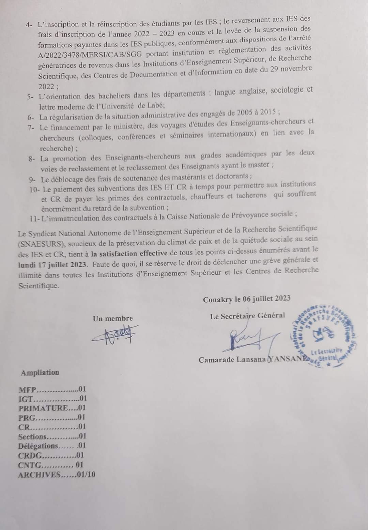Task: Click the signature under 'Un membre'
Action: (x=115, y=334)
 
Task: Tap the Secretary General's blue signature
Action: (x=249, y=339)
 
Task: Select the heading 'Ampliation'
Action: (x=40, y=373)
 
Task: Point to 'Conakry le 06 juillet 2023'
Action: (x=247, y=299)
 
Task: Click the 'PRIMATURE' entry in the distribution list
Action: (x=43, y=408)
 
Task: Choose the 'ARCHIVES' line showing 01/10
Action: (x=40, y=474)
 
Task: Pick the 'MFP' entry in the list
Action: (x=27, y=390)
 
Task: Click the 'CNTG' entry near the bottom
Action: (x=30, y=465)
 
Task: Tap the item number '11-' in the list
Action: (x=34, y=218)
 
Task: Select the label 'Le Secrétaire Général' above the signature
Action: (x=247, y=316)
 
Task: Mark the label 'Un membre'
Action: (x=113, y=318)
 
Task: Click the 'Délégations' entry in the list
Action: (x=38, y=446)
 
